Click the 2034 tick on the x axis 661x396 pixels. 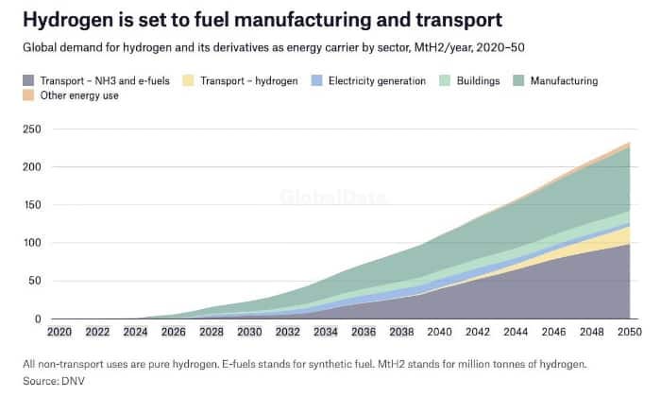pos(325,332)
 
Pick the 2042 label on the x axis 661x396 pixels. pos(477,332)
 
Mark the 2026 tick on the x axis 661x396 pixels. pos(172,332)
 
